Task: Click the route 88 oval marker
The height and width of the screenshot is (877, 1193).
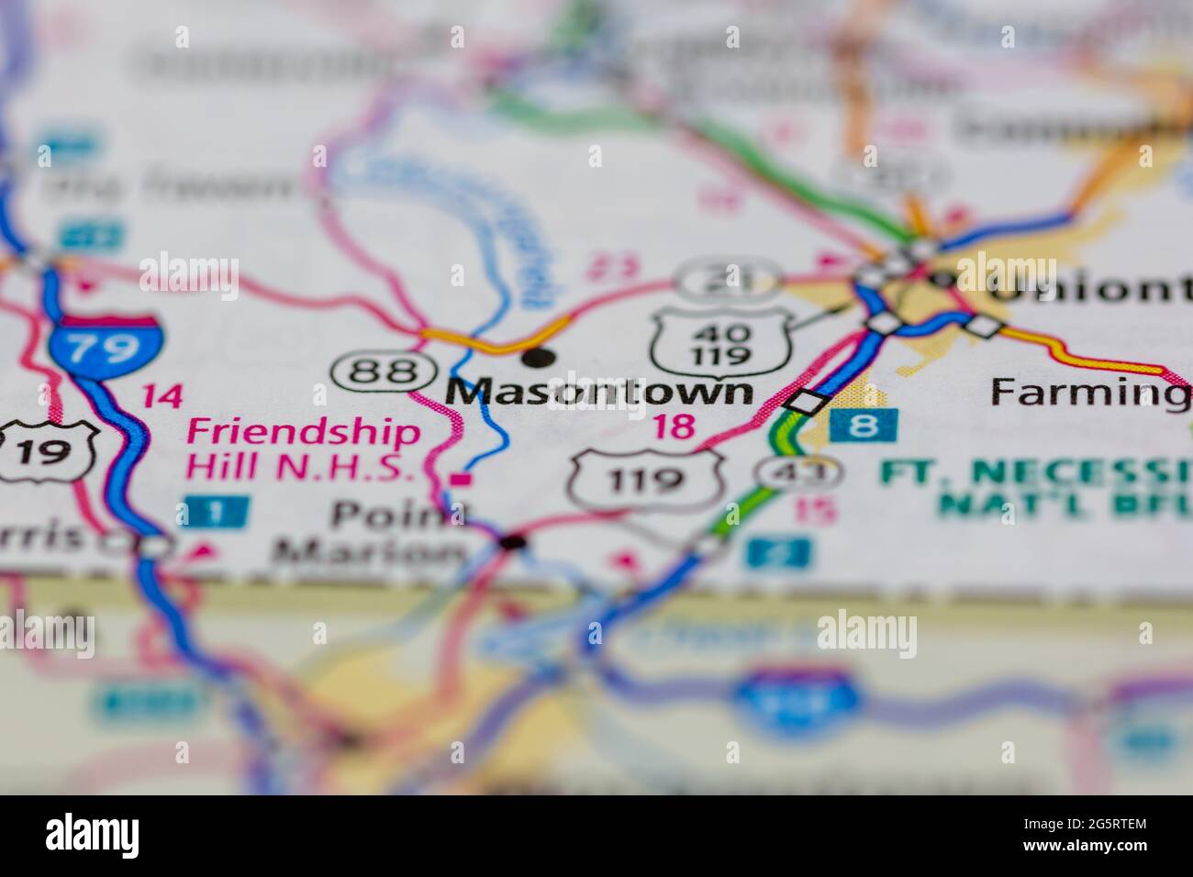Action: coord(385,372)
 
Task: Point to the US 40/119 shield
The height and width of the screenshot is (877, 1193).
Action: coord(721,342)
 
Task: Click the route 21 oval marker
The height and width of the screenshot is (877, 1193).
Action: coord(730,278)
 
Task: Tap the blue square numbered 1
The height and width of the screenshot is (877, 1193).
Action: coord(214,510)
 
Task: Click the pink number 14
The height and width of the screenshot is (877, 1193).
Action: coord(162,396)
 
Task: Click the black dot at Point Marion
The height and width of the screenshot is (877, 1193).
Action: coord(513,543)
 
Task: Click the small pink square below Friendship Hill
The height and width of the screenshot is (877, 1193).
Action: coord(463,479)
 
